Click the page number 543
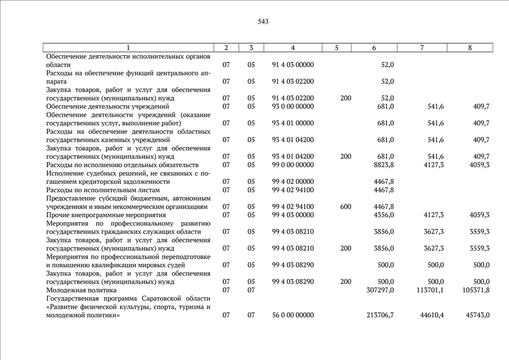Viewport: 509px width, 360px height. [263, 21]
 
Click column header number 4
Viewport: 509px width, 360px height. [292, 48]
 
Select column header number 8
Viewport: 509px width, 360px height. [470, 48]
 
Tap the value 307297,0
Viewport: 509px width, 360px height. [380, 290]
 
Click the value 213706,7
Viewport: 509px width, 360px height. [380, 316]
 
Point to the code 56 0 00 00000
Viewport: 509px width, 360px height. [292, 316]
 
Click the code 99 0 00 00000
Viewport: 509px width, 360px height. [292, 165]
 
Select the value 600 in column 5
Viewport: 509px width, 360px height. [345, 206]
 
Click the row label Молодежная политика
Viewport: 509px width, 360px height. [81, 290]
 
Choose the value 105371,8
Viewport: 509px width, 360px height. [476, 290]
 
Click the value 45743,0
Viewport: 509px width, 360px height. [478, 316]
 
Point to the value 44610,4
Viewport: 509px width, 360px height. [431, 316]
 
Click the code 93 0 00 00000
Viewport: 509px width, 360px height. [292, 106]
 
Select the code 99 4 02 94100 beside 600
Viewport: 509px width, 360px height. [292, 206]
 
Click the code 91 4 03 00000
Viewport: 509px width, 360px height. [292, 65]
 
